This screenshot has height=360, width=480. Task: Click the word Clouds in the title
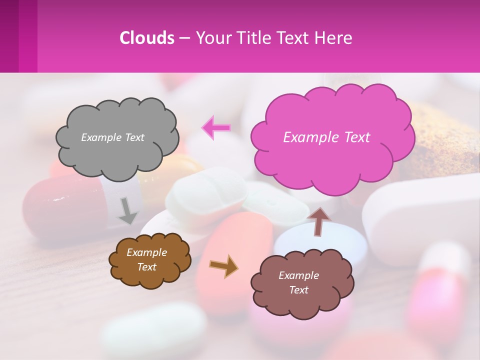tap(147, 38)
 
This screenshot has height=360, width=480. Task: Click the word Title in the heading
tap(252, 38)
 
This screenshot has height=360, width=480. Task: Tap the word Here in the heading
tap(333, 38)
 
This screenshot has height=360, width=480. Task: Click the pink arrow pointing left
tap(216, 128)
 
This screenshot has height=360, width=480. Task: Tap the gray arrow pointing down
tap(128, 211)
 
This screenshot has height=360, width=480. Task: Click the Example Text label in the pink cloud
tap(326, 137)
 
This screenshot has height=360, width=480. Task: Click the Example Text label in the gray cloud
tap(112, 137)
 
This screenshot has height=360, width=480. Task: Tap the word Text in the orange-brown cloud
tap(147, 267)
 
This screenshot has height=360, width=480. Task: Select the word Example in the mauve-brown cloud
tap(298, 275)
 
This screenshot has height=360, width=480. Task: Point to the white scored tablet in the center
tap(205, 192)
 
